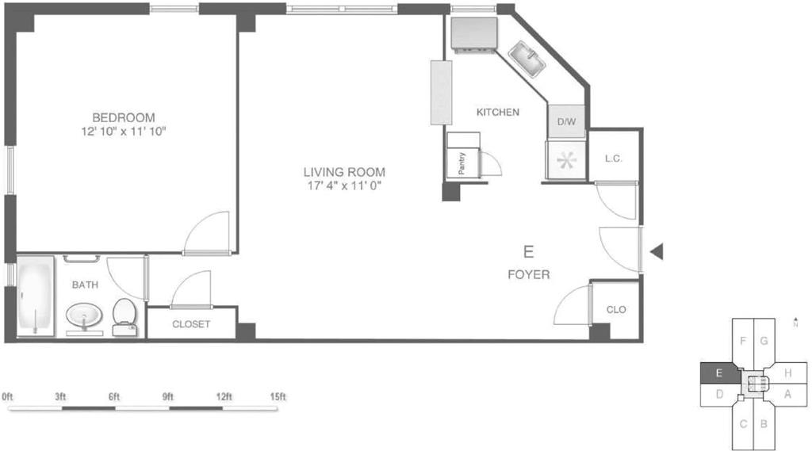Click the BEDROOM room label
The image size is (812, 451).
pos(123,117)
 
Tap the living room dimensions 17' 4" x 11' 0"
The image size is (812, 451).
pos(344,187)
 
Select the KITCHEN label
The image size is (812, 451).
pos(497,113)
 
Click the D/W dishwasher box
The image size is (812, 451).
pos(566,122)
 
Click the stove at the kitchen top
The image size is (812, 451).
pos(473,34)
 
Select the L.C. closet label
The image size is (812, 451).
pos(613,159)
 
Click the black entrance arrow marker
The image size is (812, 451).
pos(656,252)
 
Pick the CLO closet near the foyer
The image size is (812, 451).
pos(615,309)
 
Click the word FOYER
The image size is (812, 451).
pos(529,275)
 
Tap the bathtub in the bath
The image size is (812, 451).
pos(36,296)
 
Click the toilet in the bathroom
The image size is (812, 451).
pos(124,315)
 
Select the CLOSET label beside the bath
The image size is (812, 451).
pos(191,324)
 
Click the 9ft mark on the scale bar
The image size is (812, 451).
pos(167,396)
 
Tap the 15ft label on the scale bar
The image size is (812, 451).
pos(277,396)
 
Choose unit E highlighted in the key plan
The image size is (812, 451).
pos(718,373)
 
